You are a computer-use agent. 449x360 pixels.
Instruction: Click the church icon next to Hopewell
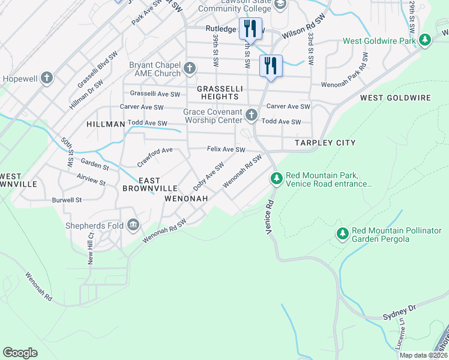pyautogui.click(x=46, y=79)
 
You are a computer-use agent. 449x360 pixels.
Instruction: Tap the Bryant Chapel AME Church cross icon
pyautogui.click(x=190, y=67)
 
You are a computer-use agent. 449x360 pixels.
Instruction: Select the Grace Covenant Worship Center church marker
pyautogui.click(x=252, y=113)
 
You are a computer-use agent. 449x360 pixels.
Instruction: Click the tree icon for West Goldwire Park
pyautogui.click(x=425, y=41)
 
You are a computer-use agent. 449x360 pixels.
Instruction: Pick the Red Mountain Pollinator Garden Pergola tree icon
pyautogui.click(x=343, y=233)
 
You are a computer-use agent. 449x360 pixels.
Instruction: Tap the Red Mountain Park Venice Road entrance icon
pyautogui.click(x=276, y=178)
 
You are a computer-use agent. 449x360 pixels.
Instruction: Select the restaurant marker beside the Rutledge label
pyautogui.click(x=250, y=28)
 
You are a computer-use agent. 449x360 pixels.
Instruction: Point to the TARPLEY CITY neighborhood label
pyautogui.click(x=325, y=143)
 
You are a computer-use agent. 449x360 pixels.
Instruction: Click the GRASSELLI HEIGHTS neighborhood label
pyautogui.click(x=220, y=92)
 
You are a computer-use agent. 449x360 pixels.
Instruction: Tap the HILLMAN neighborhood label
pyautogui.click(x=106, y=124)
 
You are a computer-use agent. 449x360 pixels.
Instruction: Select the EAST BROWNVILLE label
pyautogui.click(x=142, y=184)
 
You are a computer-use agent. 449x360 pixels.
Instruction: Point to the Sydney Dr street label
pyautogui.click(x=399, y=316)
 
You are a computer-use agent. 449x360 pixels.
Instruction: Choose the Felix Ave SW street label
pyautogui.click(x=226, y=149)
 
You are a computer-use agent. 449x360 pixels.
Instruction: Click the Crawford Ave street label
pyautogui.click(x=154, y=158)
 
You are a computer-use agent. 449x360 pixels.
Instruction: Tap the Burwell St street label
pyautogui.click(x=67, y=200)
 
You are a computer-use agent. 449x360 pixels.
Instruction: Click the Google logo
pyautogui.click(x=20, y=352)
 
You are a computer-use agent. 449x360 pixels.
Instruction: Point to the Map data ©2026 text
pyautogui.click(x=423, y=355)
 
